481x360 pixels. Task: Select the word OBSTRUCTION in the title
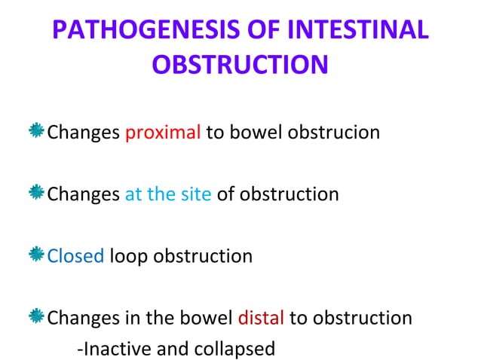tap(240, 65)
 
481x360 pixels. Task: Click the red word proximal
tap(162, 133)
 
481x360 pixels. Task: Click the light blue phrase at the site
tap(168, 194)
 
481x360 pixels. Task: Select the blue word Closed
tap(75, 255)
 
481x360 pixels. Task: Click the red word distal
tap(261, 317)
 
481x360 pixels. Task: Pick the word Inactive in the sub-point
tap(115, 349)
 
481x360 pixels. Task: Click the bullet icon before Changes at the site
tap(37, 194)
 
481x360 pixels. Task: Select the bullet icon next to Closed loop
tap(37, 255)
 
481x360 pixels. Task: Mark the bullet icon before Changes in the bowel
tap(37, 316)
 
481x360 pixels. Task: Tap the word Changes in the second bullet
tap(83, 194)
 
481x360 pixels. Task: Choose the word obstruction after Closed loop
tap(203, 255)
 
